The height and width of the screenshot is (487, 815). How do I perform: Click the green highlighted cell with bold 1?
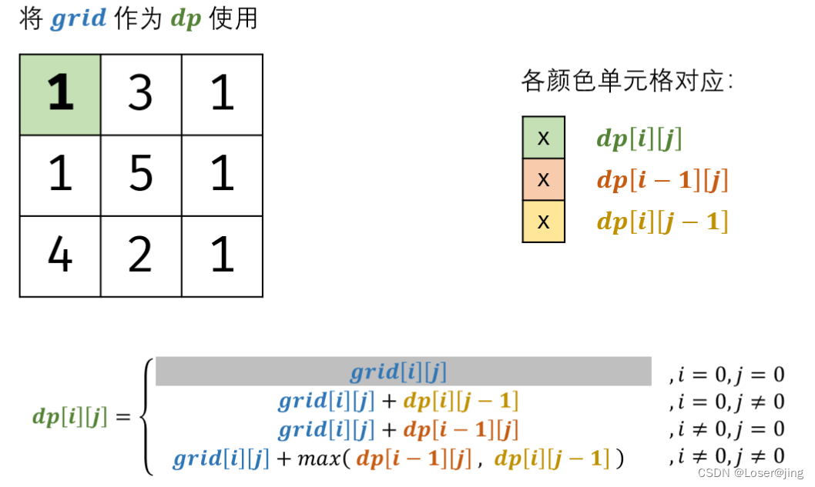(x=60, y=95)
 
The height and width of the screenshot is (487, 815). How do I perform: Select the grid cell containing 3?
(x=141, y=95)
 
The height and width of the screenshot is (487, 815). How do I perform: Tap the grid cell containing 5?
(x=141, y=175)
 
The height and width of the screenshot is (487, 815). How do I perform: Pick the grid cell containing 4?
(x=60, y=256)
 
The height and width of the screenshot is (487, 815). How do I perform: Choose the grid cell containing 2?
(x=141, y=256)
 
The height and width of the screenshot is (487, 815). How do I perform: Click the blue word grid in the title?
(x=79, y=18)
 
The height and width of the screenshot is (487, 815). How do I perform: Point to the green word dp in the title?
(x=186, y=19)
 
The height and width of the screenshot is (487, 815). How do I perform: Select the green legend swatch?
(x=543, y=138)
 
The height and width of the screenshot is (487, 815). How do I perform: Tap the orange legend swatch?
(x=543, y=180)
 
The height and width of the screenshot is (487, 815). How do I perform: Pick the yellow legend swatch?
(x=543, y=222)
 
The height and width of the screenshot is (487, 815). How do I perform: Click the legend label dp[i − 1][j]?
(x=662, y=181)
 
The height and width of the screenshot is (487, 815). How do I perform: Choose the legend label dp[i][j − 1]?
(x=662, y=222)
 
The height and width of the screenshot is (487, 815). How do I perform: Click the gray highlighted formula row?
(x=404, y=372)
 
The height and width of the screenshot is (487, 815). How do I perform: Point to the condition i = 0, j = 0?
(x=727, y=375)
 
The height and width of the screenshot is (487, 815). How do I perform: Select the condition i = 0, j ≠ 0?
(x=727, y=402)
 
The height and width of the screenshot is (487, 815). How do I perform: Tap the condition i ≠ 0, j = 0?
(x=727, y=429)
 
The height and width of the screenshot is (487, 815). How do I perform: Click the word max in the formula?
(x=314, y=459)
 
